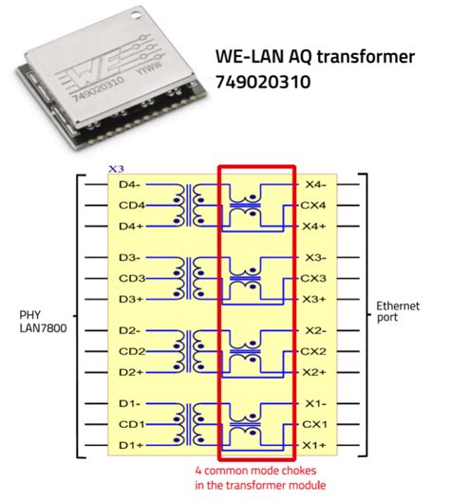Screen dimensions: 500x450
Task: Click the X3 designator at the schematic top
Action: click(116, 168)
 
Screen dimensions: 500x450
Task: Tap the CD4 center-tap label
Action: click(132, 205)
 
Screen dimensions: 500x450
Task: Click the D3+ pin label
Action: click(132, 299)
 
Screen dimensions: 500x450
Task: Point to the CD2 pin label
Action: click(132, 351)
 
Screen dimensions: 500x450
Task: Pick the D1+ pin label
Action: click(132, 445)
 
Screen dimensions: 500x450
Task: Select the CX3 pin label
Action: click(314, 278)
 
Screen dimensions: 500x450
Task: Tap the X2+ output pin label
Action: click(314, 372)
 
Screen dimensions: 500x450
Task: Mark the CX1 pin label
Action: click(314, 424)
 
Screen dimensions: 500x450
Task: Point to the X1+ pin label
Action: click(314, 445)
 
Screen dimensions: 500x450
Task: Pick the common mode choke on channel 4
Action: click(251, 205)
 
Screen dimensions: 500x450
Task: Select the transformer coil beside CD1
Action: click(192, 424)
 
